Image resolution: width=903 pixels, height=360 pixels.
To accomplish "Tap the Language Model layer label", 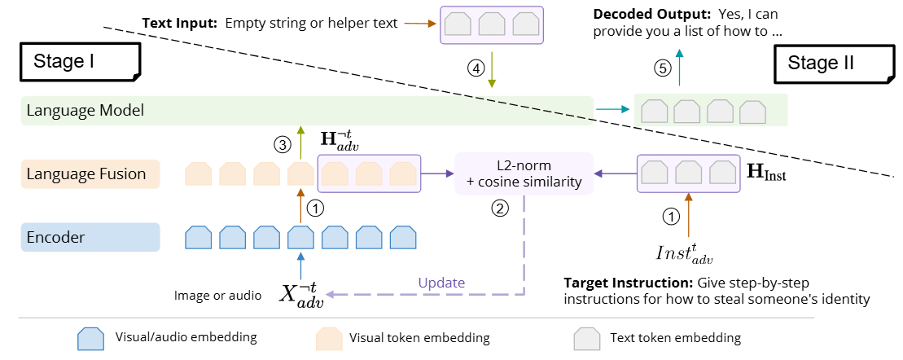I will tap(85, 110).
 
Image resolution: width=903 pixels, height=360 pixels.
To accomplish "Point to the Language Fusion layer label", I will tap(85, 173).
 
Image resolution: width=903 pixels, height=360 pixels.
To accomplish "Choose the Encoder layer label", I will tap(55, 237).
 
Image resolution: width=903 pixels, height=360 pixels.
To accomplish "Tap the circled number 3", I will tap(283, 146).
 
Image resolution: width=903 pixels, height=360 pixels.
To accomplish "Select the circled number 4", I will tap(475, 68).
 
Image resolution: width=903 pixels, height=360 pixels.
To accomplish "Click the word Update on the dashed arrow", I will tap(441, 283).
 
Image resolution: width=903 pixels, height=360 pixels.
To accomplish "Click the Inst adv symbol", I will tap(685, 252).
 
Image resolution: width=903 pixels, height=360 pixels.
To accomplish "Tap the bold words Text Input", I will tap(180, 23).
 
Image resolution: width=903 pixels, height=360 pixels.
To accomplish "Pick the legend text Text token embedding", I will tap(675, 337).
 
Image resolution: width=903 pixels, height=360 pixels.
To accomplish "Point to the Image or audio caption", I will tap(217, 296).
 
